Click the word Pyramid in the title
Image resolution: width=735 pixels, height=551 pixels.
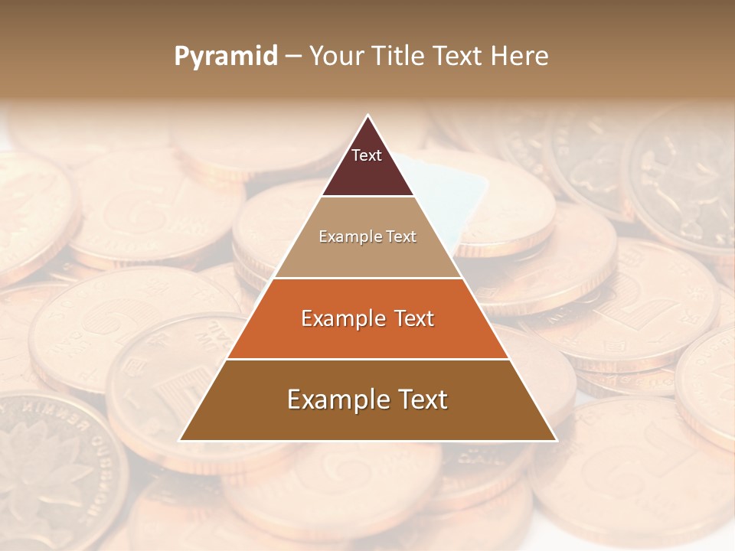[225, 57]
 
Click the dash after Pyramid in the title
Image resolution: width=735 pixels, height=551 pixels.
[292, 57]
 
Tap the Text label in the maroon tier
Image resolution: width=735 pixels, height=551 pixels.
[367, 156]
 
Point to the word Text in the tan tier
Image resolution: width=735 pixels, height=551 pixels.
[401, 237]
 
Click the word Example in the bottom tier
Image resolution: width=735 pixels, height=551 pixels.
[333, 399]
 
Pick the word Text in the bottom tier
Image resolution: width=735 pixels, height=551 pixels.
[418, 399]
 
